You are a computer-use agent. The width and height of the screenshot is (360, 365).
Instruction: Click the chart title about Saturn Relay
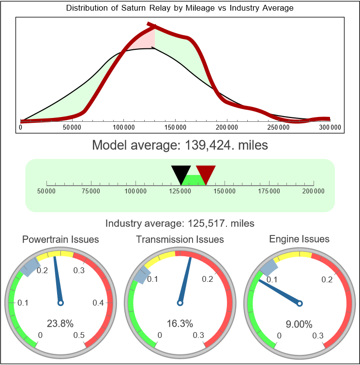(x=180, y=8)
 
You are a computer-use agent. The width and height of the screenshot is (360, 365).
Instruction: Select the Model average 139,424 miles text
(x=180, y=145)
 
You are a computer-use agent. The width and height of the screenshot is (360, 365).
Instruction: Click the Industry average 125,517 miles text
(x=180, y=223)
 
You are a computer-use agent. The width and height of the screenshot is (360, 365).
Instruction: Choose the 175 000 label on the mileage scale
(x=269, y=191)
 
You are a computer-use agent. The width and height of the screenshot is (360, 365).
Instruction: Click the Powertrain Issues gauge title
(x=60, y=239)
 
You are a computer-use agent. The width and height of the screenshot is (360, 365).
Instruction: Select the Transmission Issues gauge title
(x=180, y=239)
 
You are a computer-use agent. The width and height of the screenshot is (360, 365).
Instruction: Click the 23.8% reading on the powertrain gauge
(x=60, y=323)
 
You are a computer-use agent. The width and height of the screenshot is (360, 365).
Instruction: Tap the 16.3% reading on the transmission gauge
(x=180, y=323)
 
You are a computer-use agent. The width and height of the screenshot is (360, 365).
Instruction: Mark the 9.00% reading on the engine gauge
(x=299, y=324)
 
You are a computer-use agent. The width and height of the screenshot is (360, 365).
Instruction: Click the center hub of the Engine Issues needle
(x=300, y=303)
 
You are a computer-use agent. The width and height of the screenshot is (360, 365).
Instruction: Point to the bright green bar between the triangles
(x=193, y=179)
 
